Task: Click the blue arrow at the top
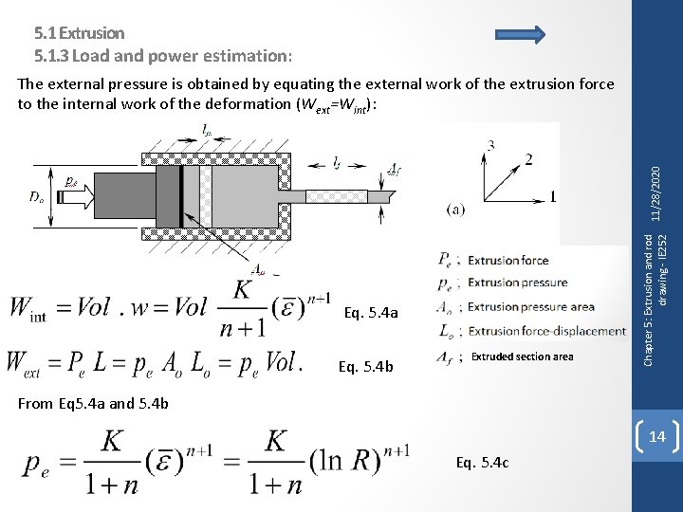coord(520,36)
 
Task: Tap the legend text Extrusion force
coord(508,259)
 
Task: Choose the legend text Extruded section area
coord(522,357)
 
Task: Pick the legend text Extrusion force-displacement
coord(546,331)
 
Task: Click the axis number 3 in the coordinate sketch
coord(490,144)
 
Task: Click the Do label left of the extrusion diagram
coord(35,197)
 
